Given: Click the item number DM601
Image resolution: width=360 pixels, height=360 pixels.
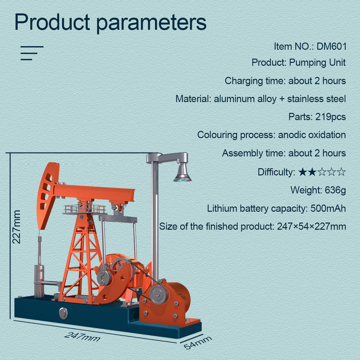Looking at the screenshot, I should [x=331, y=46].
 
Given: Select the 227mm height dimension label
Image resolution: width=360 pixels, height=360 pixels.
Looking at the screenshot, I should [x=16, y=227].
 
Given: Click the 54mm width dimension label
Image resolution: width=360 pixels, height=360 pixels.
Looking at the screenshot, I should [x=198, y=343].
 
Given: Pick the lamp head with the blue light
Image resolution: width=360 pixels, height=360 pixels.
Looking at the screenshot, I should [x=182, y=173].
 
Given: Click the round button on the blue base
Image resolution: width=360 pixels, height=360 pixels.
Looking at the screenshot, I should [x=63, y=313].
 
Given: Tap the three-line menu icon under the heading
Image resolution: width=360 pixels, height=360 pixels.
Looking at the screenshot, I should [x=31, y=53].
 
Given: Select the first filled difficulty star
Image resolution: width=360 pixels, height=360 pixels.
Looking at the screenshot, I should [x=303, y=172].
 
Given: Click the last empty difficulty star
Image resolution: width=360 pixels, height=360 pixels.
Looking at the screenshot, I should [x=341, y=172].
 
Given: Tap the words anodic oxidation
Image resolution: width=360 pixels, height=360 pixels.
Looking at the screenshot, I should [x=312, y=135].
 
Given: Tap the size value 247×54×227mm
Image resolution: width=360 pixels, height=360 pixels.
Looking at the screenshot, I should [x=311, y=227].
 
